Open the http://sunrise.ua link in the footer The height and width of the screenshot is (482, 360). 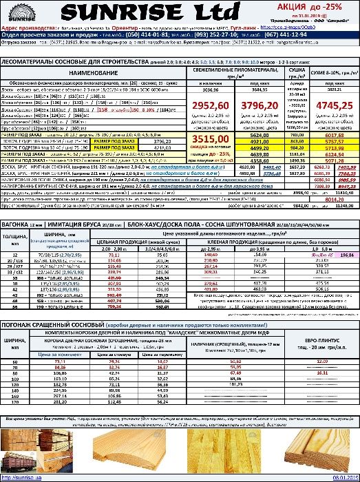[19, 477]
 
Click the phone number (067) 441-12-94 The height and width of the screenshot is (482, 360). [302, 33]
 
